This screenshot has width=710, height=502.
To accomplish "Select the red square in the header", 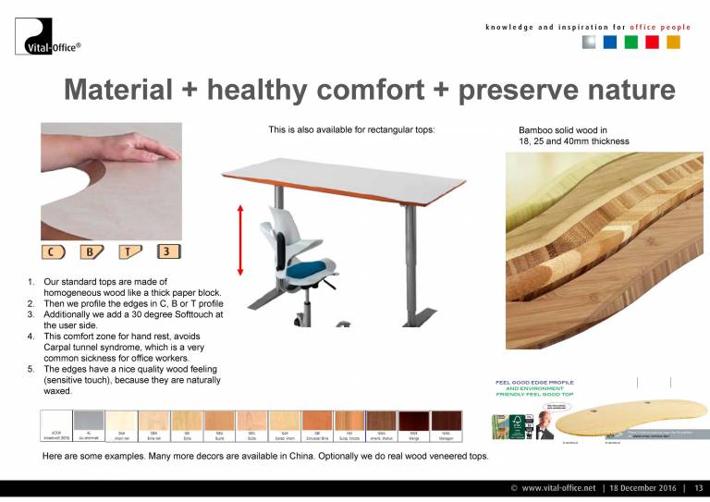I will [x=652, y=43].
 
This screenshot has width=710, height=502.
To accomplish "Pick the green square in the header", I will [x=631, y=43].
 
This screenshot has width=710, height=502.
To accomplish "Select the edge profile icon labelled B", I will [x=90, y=251].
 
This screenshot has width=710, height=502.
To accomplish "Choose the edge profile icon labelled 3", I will [x=167, y=251].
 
